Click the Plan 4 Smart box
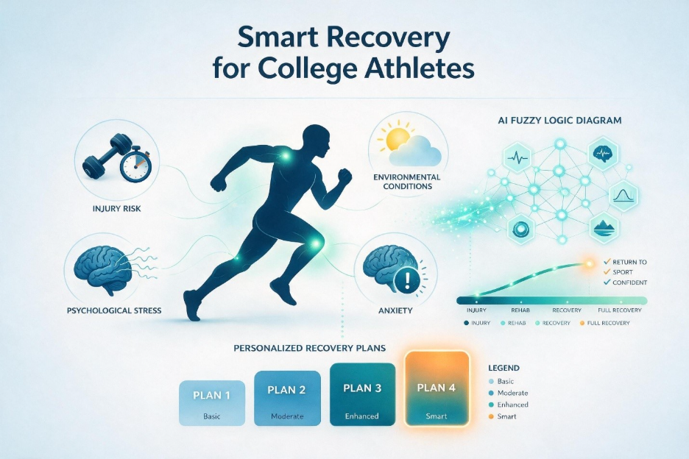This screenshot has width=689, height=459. [437, 388]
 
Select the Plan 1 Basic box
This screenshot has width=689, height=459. [212, 403]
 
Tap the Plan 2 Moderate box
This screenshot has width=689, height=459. [287, 399]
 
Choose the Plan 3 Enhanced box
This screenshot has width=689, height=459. [362, 394]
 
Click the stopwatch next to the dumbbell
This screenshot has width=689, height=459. [135, 164]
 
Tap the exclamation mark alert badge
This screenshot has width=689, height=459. [408, 280]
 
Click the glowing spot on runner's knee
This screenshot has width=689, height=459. [315, 243]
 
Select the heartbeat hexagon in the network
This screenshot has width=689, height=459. [519, 157]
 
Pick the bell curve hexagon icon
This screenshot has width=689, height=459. [623, 195]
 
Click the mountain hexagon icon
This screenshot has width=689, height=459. [604, 227]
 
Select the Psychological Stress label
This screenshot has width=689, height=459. [114, 310]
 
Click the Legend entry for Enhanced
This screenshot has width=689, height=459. [509, 405]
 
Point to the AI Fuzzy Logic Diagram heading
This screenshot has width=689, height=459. [559, 120]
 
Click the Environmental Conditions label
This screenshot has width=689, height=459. [406, 182]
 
